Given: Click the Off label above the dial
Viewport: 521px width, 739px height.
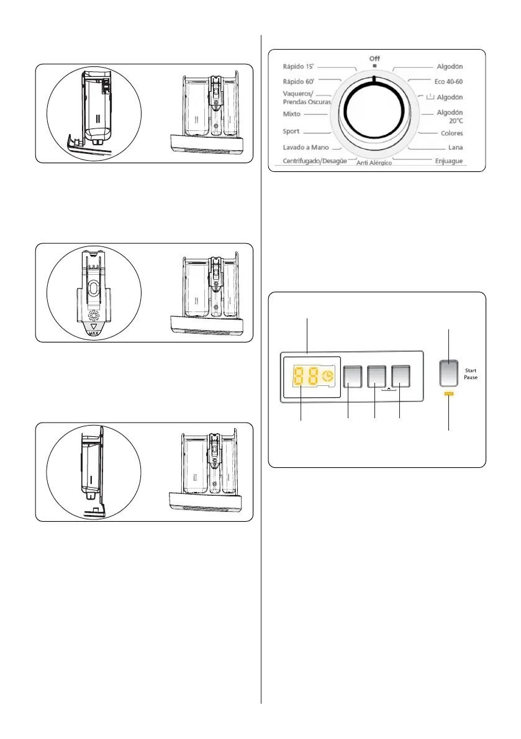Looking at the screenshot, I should pos(374,58).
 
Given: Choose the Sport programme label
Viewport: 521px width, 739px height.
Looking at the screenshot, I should pos(291,132).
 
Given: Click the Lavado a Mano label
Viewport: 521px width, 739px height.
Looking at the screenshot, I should pos(305,148).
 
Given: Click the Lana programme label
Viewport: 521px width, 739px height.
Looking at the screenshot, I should pos(455,148).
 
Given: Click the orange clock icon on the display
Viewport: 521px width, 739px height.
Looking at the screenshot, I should pos(327,376).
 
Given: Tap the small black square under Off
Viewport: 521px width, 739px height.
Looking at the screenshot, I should pos(374,65).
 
